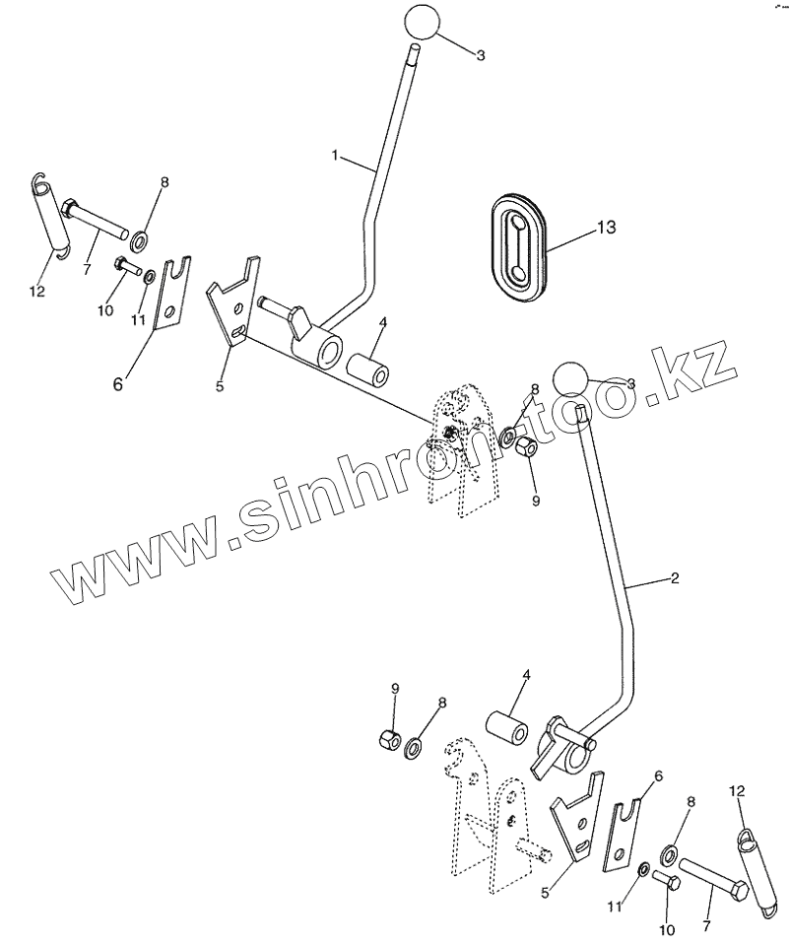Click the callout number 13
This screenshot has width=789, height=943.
point(606,228)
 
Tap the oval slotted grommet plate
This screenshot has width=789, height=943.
point(517,243)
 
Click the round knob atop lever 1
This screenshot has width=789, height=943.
point(419,24)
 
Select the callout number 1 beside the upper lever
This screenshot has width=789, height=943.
point(335,156)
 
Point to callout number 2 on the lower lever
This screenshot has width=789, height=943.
point(674,578)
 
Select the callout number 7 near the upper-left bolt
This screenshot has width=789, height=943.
point(87,268)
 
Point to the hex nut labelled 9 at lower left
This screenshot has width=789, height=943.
point(389,739)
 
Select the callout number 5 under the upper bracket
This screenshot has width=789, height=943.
point(220,385)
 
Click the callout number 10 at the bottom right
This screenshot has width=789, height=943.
point(667,929)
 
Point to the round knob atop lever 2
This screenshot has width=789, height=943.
point(570,378)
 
